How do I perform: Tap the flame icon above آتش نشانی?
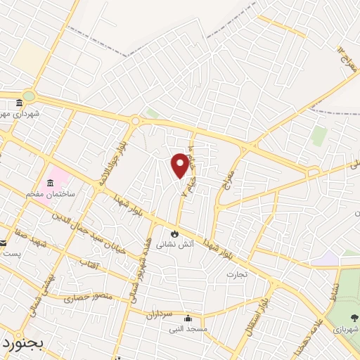174,233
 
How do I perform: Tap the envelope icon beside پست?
4,243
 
